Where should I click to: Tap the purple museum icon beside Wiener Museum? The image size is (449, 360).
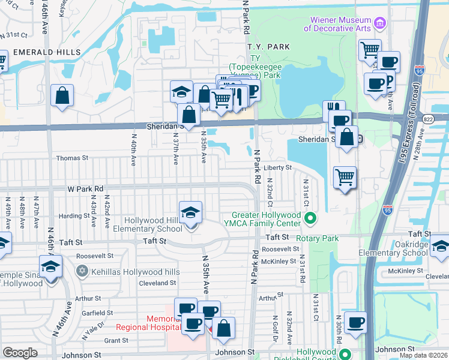[x=379, y=23]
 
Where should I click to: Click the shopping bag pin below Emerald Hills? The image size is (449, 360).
[x=62, y=96]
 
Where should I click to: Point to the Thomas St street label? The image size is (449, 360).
[x=72, y=158]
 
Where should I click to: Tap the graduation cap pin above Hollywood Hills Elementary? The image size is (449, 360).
[x=191, y=212]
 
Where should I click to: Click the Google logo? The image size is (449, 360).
[x=20, y=353]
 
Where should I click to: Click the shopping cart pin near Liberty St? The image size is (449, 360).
[x=345, y=177]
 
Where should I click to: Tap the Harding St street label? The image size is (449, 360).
[x=74, y=216]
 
